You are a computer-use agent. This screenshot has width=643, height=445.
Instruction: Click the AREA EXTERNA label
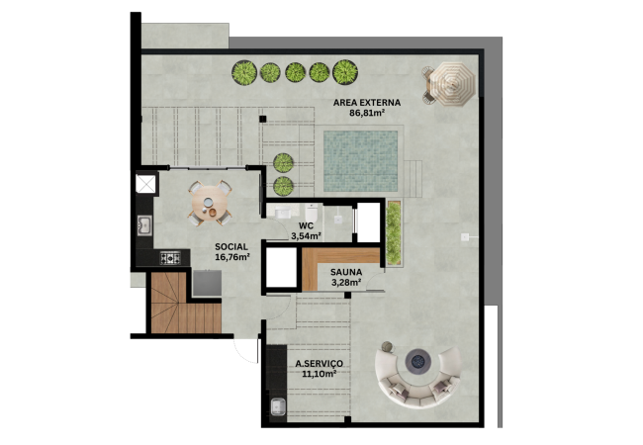pyautogui.click(x=367, y=103)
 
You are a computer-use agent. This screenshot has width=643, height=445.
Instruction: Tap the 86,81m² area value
pyautogui.click(x=367, y=113)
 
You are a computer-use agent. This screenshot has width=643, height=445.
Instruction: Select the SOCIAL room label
pyautogui.click(x=231, y=246)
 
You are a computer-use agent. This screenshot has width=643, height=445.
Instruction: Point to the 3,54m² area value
pyautogui.click(x=306, y=236)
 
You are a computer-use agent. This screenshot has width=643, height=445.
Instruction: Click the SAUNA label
pyautogui.click(x=346, y=272)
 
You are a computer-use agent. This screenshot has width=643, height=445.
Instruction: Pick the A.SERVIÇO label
pyautogui.click(x=320, y=364)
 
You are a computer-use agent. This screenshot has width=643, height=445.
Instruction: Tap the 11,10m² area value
pyautogui.click(x=320, y=374)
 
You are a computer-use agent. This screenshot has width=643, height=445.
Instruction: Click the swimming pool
pyautogui.click(x=360, y=161)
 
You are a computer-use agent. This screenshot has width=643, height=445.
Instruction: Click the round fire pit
pyautogui.click(x=418, y=361)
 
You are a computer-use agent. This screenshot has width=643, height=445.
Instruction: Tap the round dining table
pyautogui.click(x=210, y=204)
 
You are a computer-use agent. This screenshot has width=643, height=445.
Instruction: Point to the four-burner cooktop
pyautogui.click(x=170, y=258)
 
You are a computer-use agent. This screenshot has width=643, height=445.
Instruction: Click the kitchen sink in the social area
pyautogui.click(x=144, y=225)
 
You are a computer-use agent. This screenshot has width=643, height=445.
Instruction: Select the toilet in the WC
pyautogui.click(x=311, y=213)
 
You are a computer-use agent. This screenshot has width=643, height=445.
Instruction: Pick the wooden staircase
pyautogui.click(x=186, y=304)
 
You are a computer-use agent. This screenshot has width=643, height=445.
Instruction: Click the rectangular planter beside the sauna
pyautogui.click(x=394, y=232)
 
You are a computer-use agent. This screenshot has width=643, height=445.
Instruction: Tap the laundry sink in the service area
pyautogui.click(x=278, y=406)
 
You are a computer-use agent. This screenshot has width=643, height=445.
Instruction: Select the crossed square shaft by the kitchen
pyautogui.click(x=146, y=183)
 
